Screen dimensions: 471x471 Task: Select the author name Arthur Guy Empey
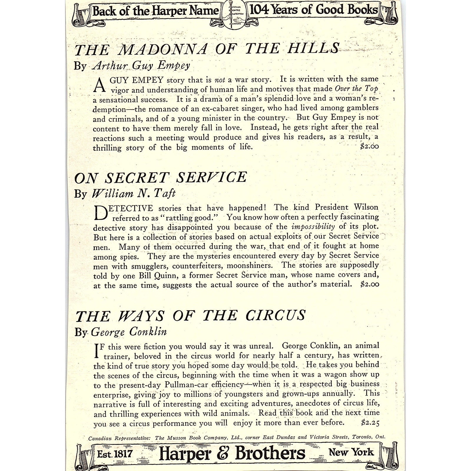141,65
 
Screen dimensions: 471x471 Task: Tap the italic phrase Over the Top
356,89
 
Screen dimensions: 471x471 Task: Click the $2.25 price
370,423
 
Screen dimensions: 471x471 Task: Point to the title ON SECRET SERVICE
160,178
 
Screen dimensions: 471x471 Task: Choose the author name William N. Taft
134,193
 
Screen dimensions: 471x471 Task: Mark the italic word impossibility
313,227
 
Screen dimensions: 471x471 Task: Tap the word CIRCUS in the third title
275,316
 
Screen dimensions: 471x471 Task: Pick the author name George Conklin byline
129,332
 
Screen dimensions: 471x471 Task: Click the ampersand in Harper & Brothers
223,453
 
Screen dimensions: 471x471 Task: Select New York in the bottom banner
351,452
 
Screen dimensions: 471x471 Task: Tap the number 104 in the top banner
259,10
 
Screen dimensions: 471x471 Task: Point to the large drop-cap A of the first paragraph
99,85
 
